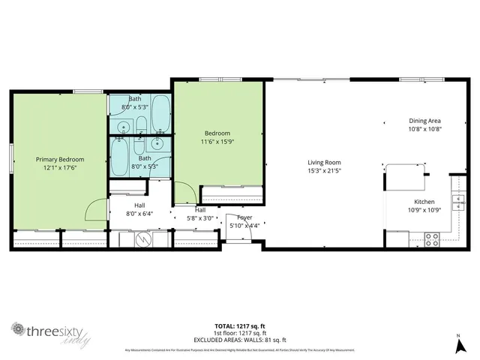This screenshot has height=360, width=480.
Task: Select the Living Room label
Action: pos(324,162)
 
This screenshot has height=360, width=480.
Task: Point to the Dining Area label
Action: pos(424,121)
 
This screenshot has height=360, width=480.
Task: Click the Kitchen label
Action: pos(424,201)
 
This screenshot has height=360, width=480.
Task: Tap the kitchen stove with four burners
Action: pos(433,239)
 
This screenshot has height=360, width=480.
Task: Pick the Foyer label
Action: pos(244,217)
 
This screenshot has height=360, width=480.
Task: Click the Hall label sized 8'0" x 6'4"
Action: pos(139,205)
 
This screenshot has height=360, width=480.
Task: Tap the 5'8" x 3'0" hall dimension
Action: pos(201,218)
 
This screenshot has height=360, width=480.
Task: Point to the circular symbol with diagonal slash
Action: pos(142,239)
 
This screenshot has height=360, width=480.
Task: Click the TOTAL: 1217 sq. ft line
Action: pos(240,326)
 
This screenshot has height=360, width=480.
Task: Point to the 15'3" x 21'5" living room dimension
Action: pos(324,170)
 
